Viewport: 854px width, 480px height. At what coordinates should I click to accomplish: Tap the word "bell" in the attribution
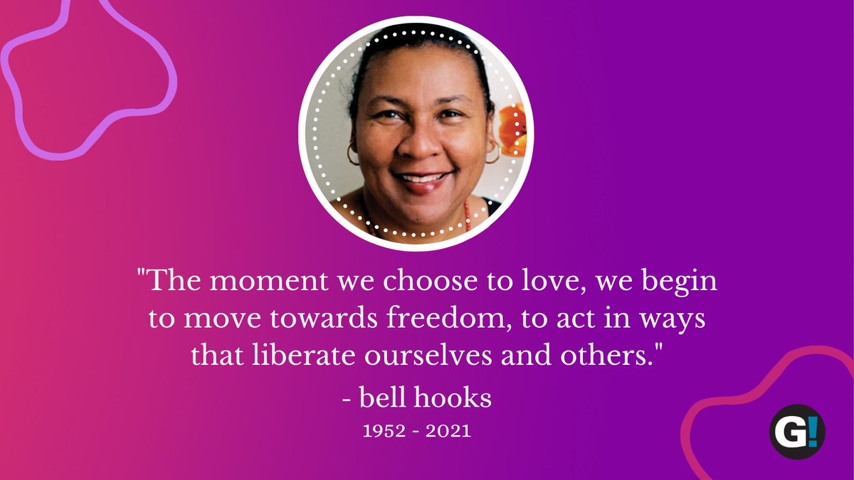click(385, 397)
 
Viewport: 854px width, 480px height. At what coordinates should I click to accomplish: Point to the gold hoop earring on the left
click(354, 153)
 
